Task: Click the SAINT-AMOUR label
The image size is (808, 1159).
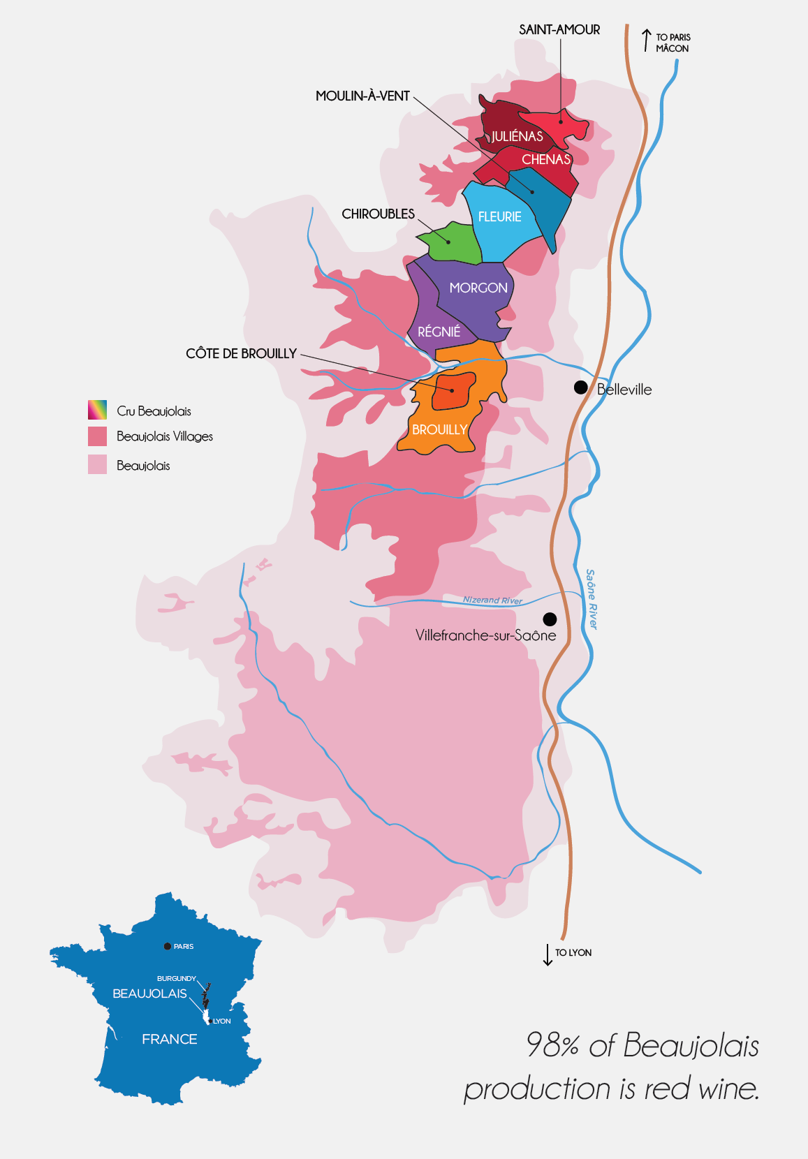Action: pyautogui.click(x=559, y=29)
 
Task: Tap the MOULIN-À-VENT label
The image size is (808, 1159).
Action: pyautogui.click(x=362, y=96)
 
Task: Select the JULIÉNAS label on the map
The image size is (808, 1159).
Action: pyautogui.click(x=517, y=136)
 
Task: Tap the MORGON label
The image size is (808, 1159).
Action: pyautogui.click(x=478, y=288)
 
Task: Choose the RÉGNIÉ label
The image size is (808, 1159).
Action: pyautogui.click(x=439, y=332)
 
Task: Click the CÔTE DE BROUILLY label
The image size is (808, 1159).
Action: pyautogui.click(x=241, y=353)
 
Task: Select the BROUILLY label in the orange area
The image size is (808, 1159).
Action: pyautogui.click(x=439, y=429)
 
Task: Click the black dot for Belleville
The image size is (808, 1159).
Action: pyautogui.click(x=580, y=387)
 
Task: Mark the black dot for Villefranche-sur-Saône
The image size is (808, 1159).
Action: pyautogui.click(x=550, y=619)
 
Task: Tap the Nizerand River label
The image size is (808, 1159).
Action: pyautogui.click(x=492, y=600)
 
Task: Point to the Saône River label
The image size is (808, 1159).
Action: pyautogui.click(x=592, y=598)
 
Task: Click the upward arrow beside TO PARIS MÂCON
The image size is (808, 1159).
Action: pyautogui.click(x=646, y=40)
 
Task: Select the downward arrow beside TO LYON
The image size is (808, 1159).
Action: pyautogui.click(x=548, y=954)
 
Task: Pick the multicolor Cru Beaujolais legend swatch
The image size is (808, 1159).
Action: pyautogui.click(x=97, y=410)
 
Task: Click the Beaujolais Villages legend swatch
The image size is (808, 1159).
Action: pyautogui.click(x=97, y=436)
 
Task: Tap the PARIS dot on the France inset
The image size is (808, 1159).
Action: pyautogui.click(x=168, y=946)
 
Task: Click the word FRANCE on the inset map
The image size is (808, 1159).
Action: pyautogui.click(x=169, y=1039)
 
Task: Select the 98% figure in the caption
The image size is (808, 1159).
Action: pyautogui.click(x=552, y=1045)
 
